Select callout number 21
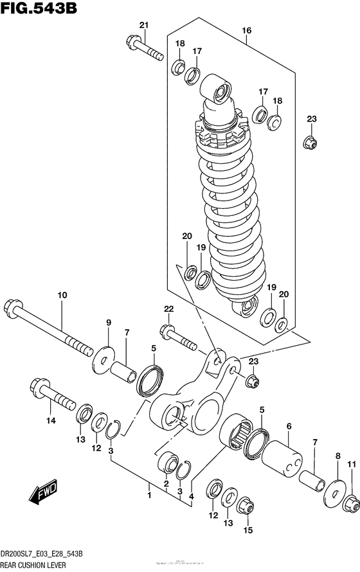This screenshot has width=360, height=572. point(143,25)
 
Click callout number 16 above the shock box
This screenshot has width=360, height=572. point(246,30)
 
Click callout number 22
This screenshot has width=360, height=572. point(169,309)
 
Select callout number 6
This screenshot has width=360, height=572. point(289,425)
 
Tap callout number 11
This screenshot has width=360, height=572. point(351,463)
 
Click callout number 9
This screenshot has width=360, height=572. point(109,323)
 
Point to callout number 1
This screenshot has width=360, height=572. point(148,495)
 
